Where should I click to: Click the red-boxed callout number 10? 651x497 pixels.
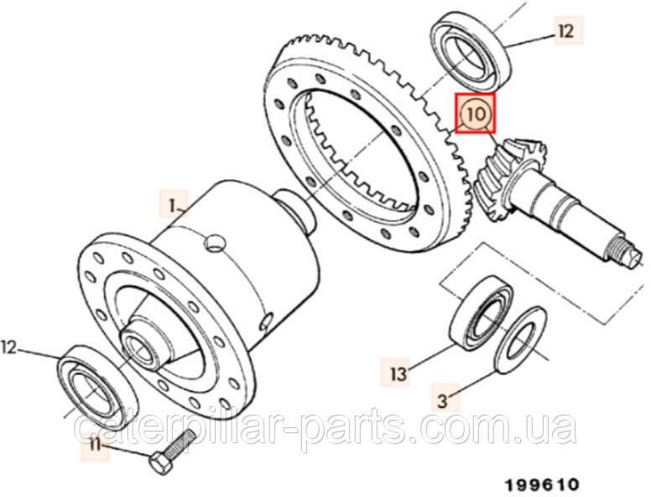pos(475,113)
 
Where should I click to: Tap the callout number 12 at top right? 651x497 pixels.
pos(565,32)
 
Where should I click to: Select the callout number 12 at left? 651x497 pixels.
pos(9,345)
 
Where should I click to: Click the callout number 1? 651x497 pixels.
pos(172,205)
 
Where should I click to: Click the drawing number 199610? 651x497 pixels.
pos(541,484)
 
